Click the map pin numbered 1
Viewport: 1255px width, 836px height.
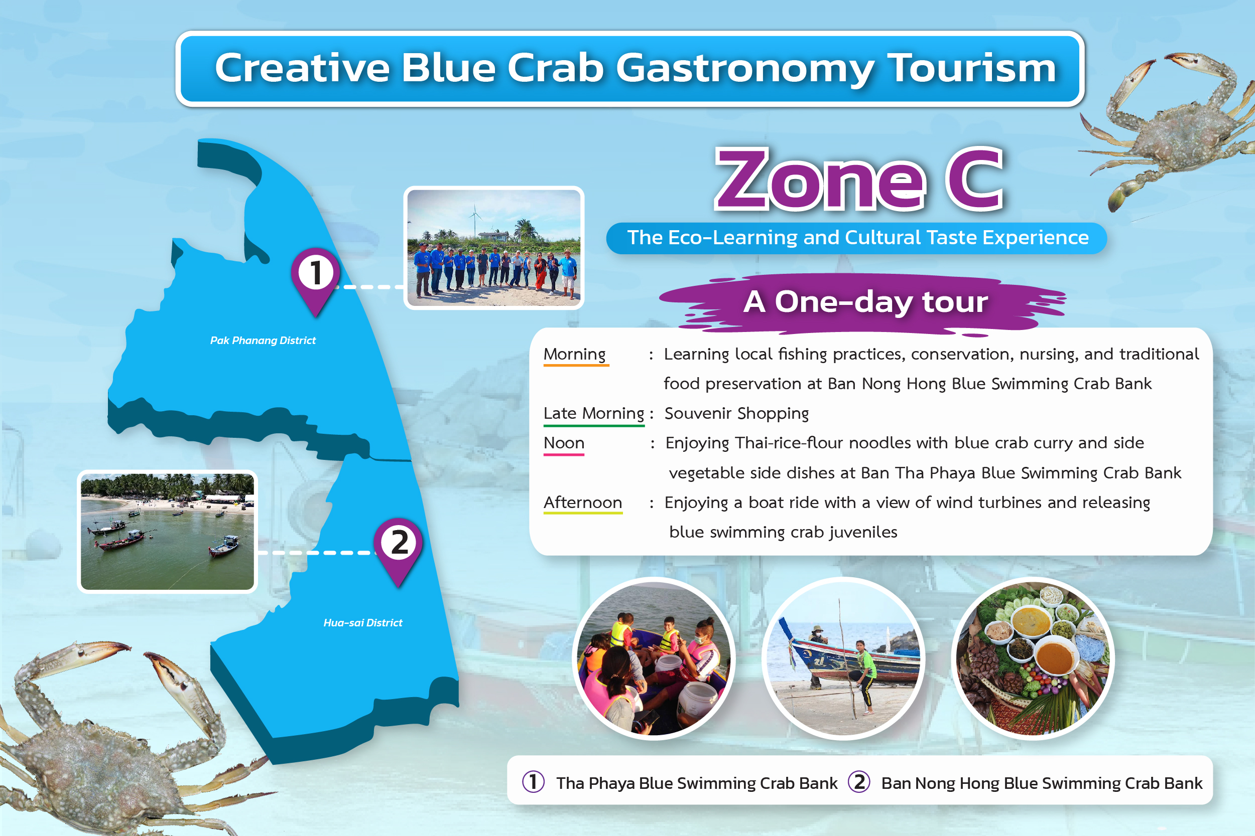[315, 280]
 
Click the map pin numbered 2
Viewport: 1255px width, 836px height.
[398, 551]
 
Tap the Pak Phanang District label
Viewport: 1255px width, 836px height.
[263, 340]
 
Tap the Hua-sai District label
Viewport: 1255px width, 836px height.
[363, 623]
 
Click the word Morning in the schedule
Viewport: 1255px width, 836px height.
[575, 354]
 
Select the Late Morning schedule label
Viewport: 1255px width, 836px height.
[594, 414]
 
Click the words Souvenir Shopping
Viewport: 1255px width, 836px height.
[736, 414]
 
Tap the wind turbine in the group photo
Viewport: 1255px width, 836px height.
[474, 219]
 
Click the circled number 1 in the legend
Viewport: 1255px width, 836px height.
[533, 782]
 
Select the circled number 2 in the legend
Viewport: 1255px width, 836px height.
[859, 782]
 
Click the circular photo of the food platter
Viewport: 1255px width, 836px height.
[1033, 658]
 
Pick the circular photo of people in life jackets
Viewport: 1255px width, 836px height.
[654, 658]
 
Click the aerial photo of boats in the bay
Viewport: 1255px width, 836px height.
[168, 532]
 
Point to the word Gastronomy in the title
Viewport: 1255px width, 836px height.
[745, 68]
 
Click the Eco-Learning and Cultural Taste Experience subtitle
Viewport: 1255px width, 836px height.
[857, 238]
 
